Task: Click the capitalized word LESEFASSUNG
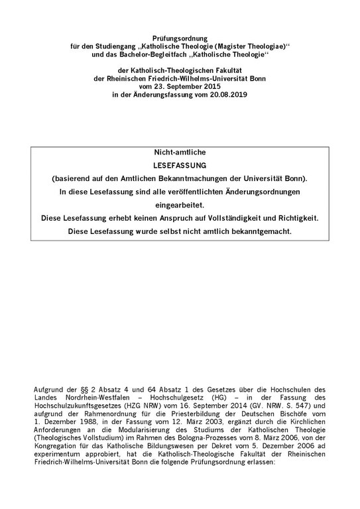pyautogui.click(x=180, y=165)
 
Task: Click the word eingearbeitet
pyautogui.click(x=180, y=205)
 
